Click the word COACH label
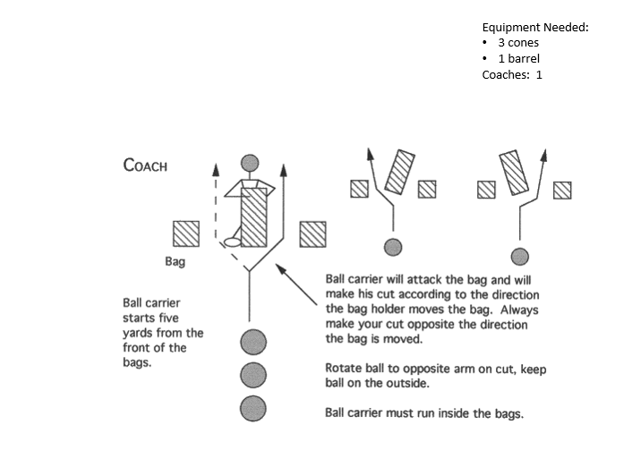144,166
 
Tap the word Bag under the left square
175,263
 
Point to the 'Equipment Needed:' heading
534,28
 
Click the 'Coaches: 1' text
512,75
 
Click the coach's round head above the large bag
251,164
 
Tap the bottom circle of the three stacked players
253,407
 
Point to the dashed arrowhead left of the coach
216,167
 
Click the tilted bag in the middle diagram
399,174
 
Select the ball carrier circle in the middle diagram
391,247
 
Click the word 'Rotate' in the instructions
343,369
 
